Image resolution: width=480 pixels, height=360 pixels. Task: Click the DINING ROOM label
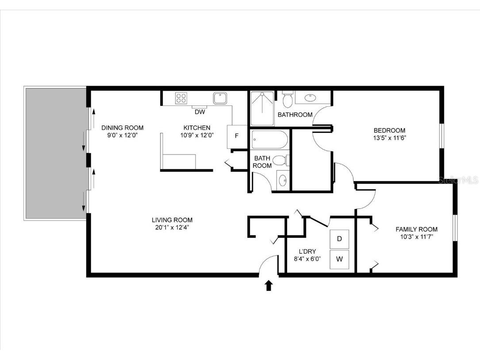(x=123, y=128)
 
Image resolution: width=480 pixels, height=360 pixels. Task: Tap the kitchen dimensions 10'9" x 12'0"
(x=197, y=135)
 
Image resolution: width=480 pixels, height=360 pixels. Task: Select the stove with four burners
(x=181, y=98)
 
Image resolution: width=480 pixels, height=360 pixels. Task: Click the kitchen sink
(x=220, y=98)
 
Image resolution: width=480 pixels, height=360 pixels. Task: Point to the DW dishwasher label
(x=200, y=112)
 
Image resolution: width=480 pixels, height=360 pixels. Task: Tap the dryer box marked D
(x=339, y=239)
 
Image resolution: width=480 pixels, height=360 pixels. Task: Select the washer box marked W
(x=339, y=259)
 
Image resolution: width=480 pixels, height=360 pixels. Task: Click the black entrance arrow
(x=269, y=285)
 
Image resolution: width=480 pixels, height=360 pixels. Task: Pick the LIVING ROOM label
(x=172, y=220)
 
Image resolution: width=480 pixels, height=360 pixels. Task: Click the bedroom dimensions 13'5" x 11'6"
(x=389, y=138)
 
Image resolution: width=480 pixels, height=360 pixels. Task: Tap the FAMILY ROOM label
(x=416, y=229)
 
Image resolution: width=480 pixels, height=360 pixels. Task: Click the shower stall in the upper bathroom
(x=262, y=108)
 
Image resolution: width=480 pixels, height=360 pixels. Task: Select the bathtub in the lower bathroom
(x=269, y=140)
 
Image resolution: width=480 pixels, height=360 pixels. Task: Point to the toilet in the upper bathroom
(x=288, y=99)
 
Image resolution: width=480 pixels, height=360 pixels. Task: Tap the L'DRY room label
(x=307, y=252)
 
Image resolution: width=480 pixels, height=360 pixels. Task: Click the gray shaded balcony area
(x=55, y=154)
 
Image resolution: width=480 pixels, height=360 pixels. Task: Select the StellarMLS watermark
(x=458, y=180)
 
